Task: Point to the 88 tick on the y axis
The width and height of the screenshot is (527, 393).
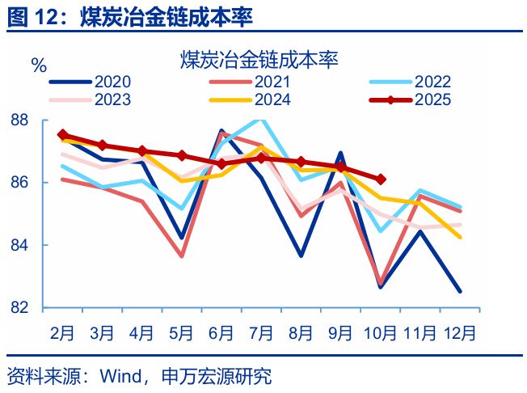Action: pos(20,120)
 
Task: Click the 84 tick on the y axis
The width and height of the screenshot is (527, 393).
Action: pos(20,245)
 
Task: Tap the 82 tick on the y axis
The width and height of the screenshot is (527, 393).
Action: pos(20,307)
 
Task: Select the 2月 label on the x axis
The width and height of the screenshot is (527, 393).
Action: pos(63,332)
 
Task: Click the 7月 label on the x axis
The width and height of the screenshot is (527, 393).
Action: pos(261,332)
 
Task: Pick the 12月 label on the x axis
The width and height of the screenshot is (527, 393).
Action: pos(459,332)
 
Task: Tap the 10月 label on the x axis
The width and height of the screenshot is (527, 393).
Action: pos(380,332)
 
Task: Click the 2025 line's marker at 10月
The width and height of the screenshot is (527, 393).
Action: pos(381,180)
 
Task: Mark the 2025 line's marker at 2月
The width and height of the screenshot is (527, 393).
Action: pos(63,135)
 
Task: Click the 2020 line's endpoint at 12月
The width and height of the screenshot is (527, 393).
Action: pos(460,291)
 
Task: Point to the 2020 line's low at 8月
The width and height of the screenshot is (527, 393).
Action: pos(301,256)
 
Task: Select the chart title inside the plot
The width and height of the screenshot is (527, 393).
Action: pos(259,59)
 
